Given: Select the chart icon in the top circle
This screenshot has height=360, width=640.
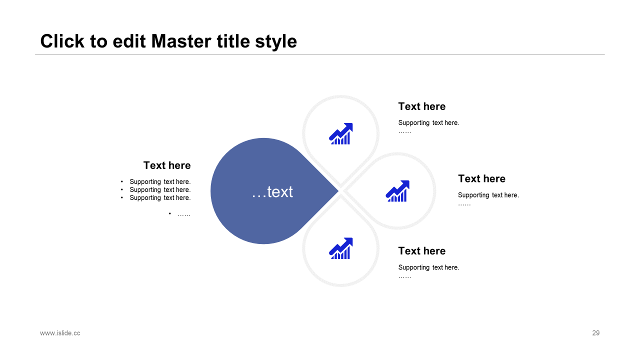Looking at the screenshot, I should coord(341,134).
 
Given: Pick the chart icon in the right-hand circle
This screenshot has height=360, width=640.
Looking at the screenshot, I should coord(397,191).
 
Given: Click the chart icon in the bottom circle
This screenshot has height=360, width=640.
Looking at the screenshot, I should coord(341,248).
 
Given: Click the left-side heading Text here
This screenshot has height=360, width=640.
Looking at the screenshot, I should coord(167,165).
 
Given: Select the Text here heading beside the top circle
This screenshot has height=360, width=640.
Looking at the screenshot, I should coord(421,106).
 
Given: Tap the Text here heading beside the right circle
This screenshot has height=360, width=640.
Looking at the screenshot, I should coord(481,179).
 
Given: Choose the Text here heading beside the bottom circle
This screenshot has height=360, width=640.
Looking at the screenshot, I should coord(421,251).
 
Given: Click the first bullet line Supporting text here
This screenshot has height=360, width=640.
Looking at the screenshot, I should coord(160,182).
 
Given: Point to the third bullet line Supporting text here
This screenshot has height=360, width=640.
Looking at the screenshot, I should coord(160,198).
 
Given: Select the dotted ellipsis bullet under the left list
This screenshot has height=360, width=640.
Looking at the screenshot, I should coord(183,214).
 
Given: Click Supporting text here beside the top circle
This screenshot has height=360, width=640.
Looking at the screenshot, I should coord(428,123).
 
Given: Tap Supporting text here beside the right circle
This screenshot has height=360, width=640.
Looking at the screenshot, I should coord(488,195).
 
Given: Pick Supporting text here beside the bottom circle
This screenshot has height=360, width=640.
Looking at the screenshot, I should coord(428,267).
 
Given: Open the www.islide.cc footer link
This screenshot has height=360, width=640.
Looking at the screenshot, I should coord(60,333).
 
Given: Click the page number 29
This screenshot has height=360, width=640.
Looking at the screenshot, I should coord(595,333).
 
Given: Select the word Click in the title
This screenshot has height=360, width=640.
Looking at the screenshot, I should coord(62,41).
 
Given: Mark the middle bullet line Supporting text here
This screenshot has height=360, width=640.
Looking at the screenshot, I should coord(160,190).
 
